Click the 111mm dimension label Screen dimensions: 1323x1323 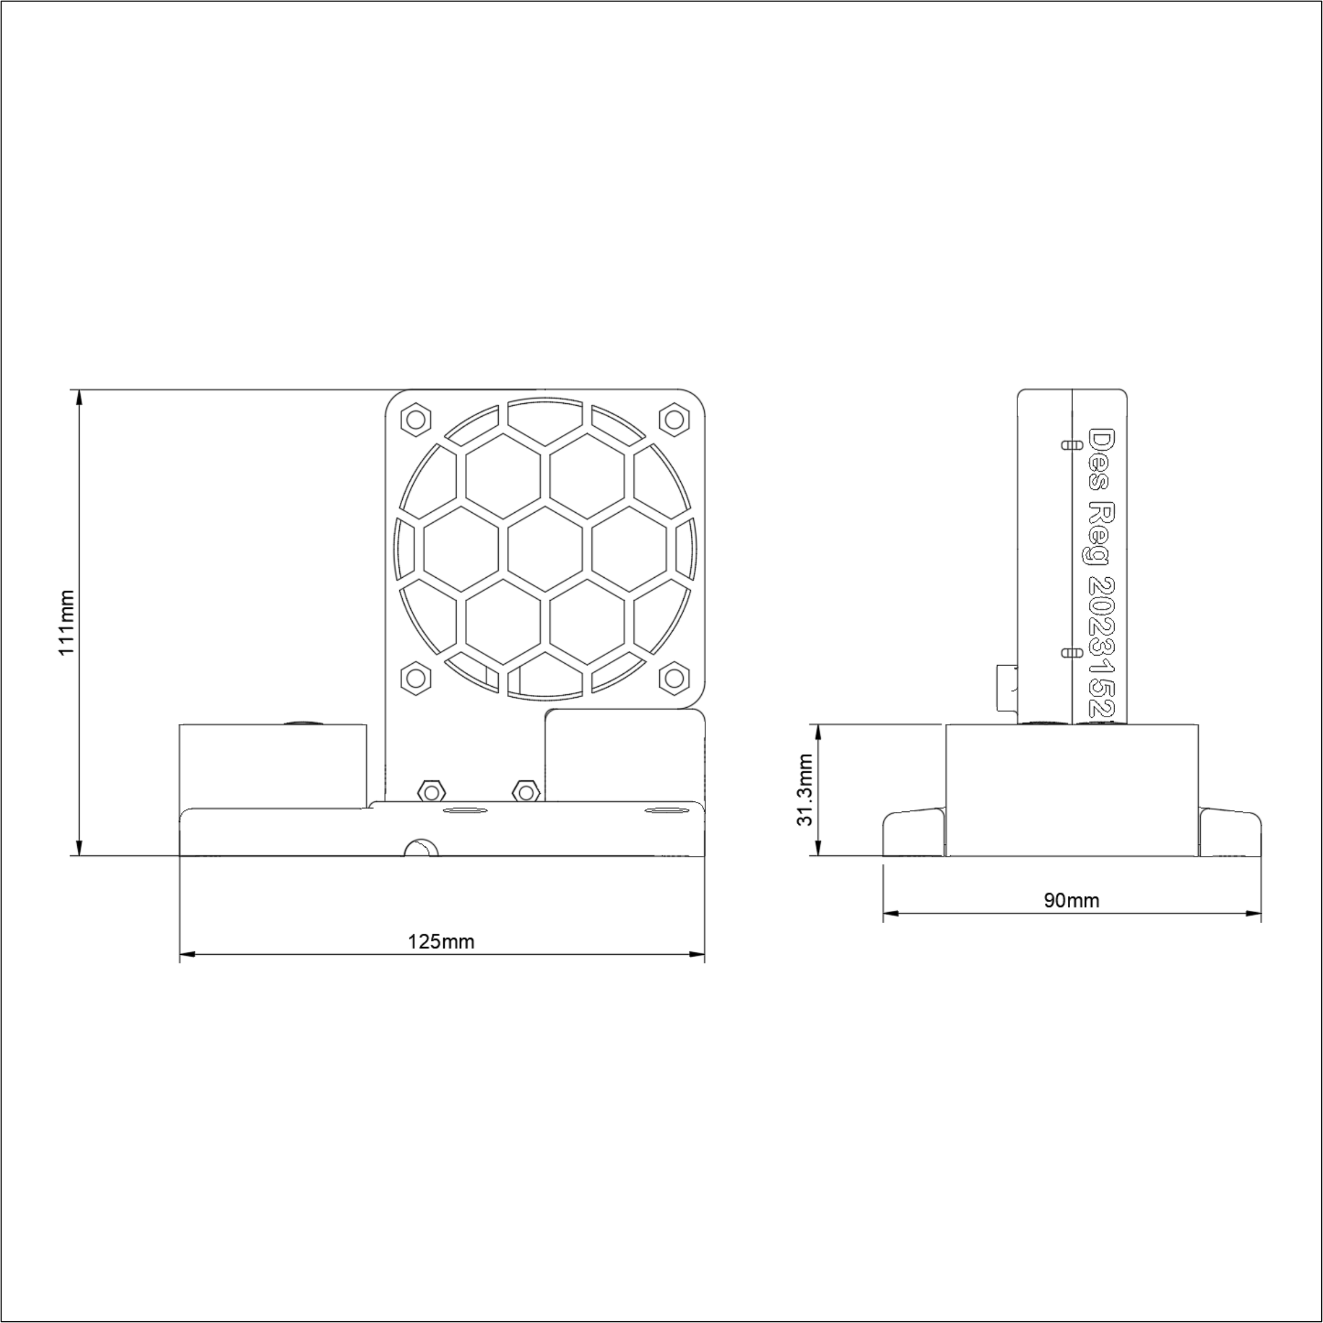(66, 622)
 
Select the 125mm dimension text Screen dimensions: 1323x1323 (441, 941)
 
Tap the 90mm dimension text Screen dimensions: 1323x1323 (1072, 900)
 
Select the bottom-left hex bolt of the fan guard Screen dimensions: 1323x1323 (415, 678)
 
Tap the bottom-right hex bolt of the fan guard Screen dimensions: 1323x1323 (674, 678)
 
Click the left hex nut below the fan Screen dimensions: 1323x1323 (431, 792)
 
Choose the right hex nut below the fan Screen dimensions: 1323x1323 (526, 792)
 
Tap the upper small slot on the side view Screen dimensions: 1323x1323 (1072, 445)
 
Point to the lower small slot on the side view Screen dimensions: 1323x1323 (1072, 653)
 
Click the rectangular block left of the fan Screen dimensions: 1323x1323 (273, 765)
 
